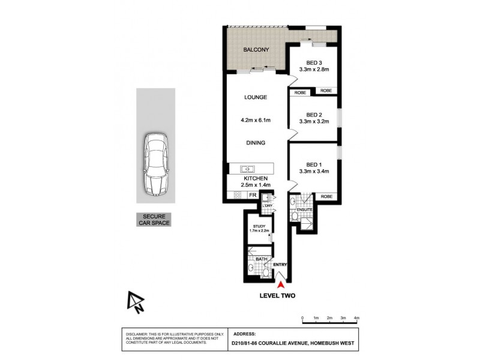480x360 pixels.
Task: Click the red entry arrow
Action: pos(281,276)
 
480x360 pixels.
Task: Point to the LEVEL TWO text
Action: pos(277,295)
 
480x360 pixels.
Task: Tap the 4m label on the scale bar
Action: pos(356,318)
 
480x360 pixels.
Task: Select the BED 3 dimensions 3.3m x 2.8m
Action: pos(314,70)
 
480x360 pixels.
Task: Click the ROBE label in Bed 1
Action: pos(326,196)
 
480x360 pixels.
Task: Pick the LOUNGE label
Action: pos(255,97)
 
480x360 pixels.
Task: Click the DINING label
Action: pos(255,143)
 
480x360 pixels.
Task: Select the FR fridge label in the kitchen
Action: pos(253,196)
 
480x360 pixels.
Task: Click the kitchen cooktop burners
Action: pos(236,195)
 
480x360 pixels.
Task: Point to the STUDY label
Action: pos(259,226)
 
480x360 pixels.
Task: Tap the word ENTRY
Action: pos(280,265)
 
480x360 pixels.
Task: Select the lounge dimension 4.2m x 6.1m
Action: pos(255,121)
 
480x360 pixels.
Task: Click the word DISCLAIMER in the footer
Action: pos(138,332)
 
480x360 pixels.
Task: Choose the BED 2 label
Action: pos(314,115)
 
